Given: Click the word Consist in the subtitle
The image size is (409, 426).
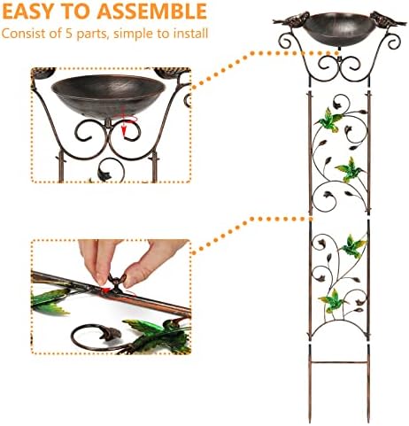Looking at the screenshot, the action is point(24,34).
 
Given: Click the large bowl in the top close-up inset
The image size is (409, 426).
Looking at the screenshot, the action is point(108,96).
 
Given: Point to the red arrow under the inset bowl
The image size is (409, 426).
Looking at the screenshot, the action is point(126,126).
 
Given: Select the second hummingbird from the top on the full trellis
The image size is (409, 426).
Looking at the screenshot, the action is point(350,169).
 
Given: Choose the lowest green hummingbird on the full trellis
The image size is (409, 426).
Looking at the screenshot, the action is point(333,300).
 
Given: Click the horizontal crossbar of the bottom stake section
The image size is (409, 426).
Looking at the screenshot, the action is point(339,362).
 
